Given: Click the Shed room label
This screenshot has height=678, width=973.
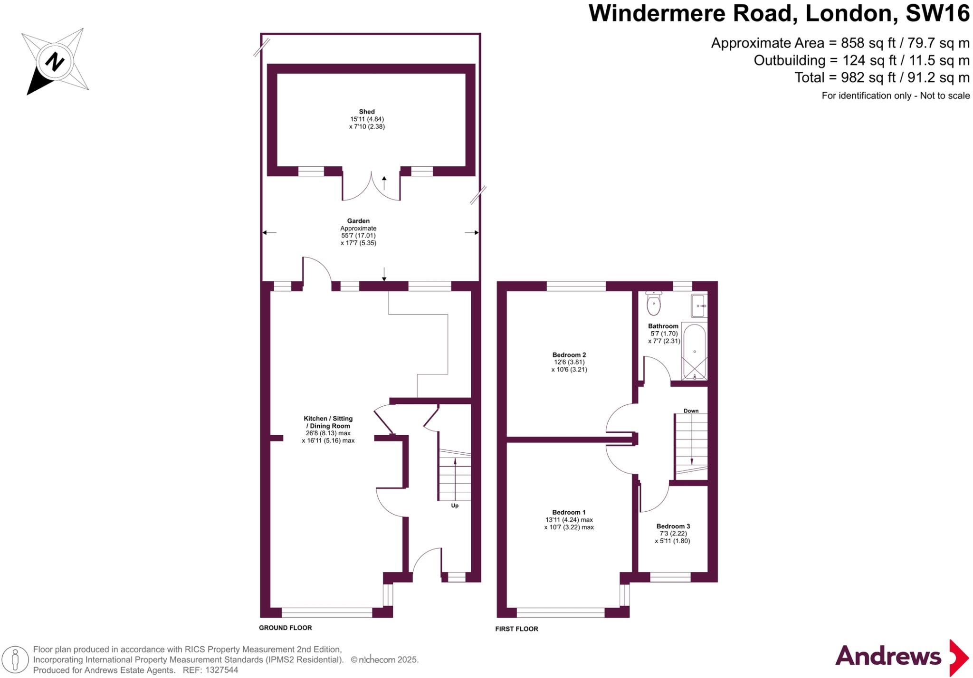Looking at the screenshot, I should pyautogui.click(x=367, y=112).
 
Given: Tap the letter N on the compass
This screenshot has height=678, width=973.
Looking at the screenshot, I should pyautogui.click(x=55, y=62).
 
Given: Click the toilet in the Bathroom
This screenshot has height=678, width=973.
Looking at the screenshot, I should pyautogui.click(x=654, y=304).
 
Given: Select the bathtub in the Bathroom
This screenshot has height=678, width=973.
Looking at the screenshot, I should pyautogui.click(x=694, y=352).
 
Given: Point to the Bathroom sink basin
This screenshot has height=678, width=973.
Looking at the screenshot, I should pyautogui.click(x=699, y=306).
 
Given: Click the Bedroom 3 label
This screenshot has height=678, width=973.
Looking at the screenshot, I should pyautogui.click(x=673, y=526).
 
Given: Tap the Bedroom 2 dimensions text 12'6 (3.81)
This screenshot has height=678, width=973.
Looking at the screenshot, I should pyautogui.click(x=569, y=362).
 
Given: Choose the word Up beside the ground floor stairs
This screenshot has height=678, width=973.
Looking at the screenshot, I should pyautogui.click(x=455, y=506).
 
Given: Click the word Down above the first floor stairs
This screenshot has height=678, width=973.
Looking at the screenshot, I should pyautogui.click(x=691, y=411).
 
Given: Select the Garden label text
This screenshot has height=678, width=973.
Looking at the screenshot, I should pyautogui.click(x=358, y=221).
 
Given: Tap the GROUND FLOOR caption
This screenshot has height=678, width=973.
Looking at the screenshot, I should pyautogui.click(x=285, y=628).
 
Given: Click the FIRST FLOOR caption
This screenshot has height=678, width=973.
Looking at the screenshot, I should pyautogui.click(x=516, y=629).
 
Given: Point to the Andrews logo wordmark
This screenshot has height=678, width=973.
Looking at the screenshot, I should pyautogui.click(x=888, y=657).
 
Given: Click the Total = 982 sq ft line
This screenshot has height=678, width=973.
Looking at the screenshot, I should pyautogui.click(x=882, y=77).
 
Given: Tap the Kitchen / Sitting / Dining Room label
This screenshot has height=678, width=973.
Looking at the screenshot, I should pyautogui.click(x=328, y=422).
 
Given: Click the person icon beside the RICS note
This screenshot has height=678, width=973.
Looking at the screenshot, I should pyautogui.click(x=15, y=659).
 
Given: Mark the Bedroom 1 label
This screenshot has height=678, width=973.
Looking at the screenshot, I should pyautogui.click(x=569, y=512).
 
